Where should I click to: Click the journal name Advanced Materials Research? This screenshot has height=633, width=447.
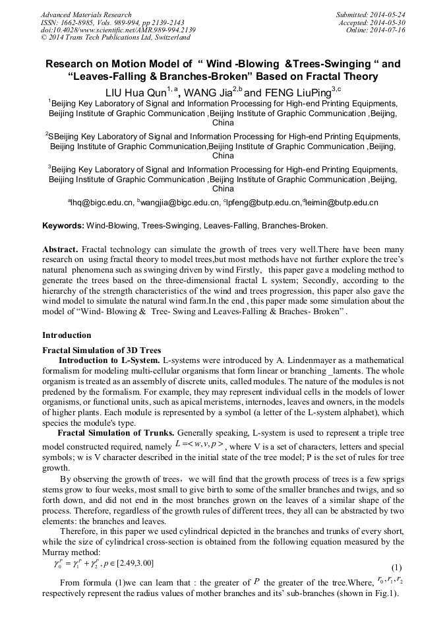click(86, 15)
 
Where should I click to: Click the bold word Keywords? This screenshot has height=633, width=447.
click(64, 226)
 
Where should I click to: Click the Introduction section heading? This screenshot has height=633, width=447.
click(67, 335)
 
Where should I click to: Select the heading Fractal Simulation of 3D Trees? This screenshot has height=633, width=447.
click(102, 350)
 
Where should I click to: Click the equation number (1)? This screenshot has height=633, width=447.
click(396, 568)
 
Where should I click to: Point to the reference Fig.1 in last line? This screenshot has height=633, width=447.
click(386, 593)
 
